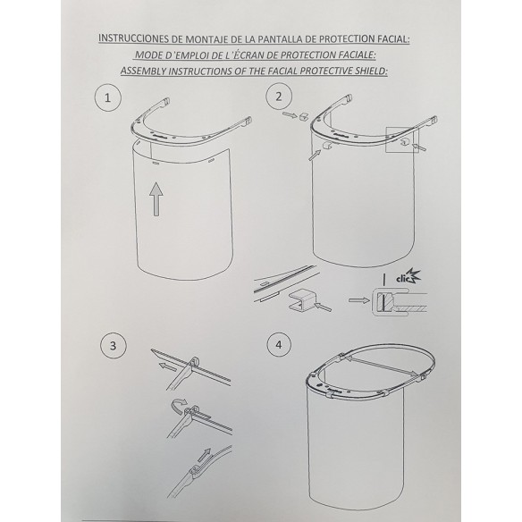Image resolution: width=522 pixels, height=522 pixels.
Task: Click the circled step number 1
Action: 107,98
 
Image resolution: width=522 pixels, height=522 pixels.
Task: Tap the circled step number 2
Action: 279,97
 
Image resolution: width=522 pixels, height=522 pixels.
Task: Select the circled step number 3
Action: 114,345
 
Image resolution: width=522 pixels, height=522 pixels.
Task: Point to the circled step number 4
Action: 279,344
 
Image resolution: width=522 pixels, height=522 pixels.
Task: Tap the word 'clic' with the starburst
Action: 408,277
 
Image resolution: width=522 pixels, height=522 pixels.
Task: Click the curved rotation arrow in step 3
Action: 178,406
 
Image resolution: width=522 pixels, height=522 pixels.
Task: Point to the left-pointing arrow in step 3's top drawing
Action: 167,366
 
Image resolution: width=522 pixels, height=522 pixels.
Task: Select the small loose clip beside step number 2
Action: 304,116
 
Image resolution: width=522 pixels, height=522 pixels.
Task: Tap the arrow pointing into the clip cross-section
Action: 358,300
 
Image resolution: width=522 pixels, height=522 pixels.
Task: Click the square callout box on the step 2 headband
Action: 402,139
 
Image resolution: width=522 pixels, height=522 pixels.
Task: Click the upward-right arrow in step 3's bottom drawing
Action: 204,455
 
